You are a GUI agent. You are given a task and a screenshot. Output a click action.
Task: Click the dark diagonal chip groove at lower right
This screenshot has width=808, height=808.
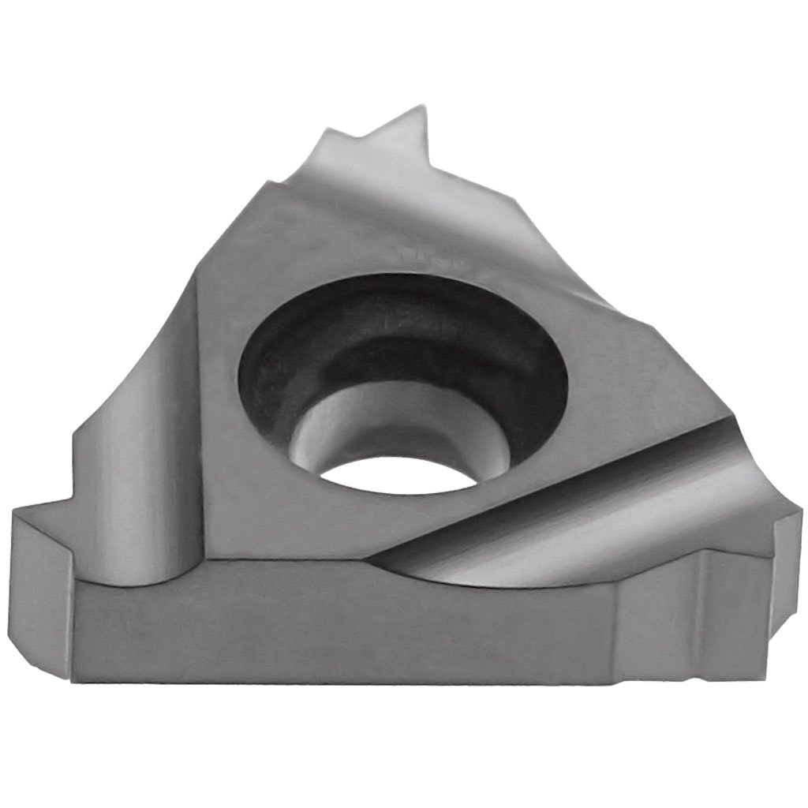coord(552,505)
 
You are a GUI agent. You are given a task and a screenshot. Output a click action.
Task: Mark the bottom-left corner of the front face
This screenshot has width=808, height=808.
coord(73,679)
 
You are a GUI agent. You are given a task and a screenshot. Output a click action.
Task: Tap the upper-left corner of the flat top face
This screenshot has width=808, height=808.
coord(264,185)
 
